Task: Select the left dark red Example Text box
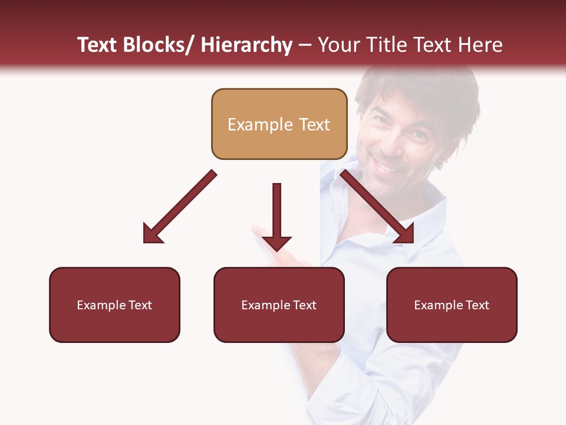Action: (x=114, y=305)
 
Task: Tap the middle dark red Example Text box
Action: (x=279, y=305)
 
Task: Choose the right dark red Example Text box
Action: (x=452, y=305)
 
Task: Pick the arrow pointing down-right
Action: (x=377, y=207)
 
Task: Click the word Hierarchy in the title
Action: (x=246, y=45)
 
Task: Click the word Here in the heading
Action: (x=481, y=45)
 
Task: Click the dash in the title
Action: (x=305, y=45)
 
